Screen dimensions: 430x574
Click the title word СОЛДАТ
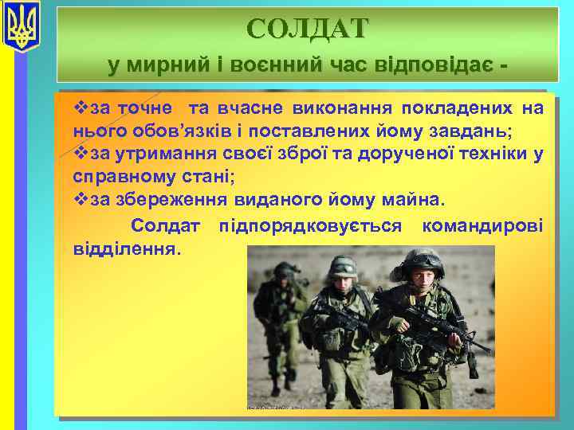(308, 29)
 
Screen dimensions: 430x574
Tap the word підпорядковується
(311, 226)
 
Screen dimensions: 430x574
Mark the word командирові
(482, 226)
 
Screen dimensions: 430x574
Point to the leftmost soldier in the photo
(281, 319)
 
